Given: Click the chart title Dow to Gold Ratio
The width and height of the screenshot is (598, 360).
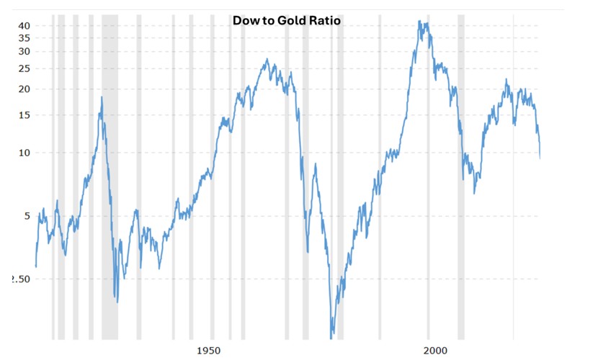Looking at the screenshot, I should pos(286,21).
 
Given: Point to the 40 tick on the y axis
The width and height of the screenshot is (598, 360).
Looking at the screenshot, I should pos(24,25).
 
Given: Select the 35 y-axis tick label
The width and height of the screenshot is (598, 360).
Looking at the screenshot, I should pos(24,38).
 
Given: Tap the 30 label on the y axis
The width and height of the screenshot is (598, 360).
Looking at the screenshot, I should pos(24,52).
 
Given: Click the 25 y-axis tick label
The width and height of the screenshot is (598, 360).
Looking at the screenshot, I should pos(24,68).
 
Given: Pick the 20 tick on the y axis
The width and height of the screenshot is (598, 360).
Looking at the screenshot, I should pos(24,89).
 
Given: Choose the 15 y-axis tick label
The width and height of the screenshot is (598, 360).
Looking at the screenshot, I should pos(24,115).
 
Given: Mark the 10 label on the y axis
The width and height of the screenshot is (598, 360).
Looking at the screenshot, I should pos(24,153).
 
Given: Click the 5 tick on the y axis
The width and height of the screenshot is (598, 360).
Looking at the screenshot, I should pos(27,216).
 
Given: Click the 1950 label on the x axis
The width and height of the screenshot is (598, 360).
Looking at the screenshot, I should pos(208,350).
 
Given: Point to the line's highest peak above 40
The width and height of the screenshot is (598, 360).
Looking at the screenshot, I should pos(420,22).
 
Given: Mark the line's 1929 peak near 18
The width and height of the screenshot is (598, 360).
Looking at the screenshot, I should pos(102,97).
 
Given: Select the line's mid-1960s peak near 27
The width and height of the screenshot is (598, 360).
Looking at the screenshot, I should pos(267,60).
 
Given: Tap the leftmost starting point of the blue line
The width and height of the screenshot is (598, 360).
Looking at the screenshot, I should pos(35,267).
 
